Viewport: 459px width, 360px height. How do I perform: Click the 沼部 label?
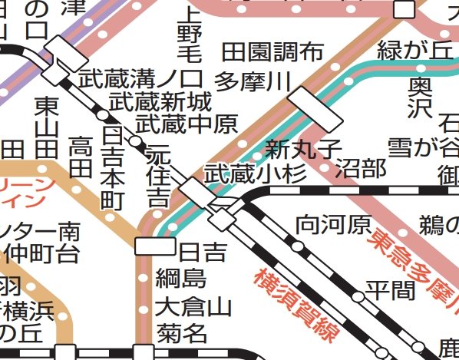tap(360, 169)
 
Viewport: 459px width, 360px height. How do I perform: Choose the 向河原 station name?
tap(333, 225)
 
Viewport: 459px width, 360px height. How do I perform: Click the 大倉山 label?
tap(192, 307)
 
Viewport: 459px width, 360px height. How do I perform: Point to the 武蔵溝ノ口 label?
tap(140, 78)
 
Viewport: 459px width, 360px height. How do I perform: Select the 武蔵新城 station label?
tap(159, 101)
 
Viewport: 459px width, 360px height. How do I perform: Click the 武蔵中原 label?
tap(186, 123)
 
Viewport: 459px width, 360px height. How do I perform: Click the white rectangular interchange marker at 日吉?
tap(154, 246)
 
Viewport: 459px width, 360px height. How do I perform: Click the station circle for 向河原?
tap(298, 246)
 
